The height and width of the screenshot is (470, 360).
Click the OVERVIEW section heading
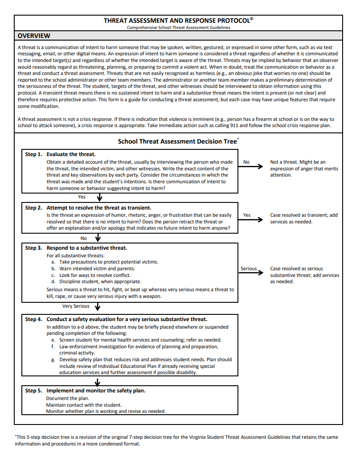coord(34,36)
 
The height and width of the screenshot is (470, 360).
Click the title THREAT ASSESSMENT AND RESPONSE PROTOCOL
coord(177,21)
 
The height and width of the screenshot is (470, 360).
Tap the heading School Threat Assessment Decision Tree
coord(177,141)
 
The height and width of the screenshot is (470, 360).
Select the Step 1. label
coord(34,154)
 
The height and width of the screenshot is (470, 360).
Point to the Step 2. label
coord(34,208)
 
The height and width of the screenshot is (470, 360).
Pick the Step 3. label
coord(34,248)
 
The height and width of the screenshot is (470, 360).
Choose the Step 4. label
coord(34,319)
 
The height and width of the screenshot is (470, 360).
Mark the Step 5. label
coord(34,391)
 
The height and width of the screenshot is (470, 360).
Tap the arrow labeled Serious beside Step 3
coord(253,273)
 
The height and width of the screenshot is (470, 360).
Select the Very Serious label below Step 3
coord(76,306)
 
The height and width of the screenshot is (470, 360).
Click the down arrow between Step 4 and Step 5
coord(98,382)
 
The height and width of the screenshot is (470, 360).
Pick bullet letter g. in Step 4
coord(53,359)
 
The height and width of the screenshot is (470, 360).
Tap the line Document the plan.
coord(68,398)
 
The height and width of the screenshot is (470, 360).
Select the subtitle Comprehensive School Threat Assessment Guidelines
coord(178,28)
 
